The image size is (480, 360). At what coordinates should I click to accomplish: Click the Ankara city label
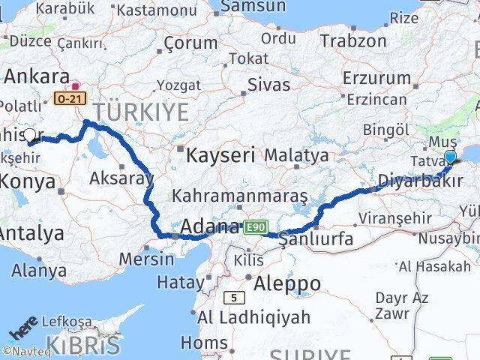pos(32,76)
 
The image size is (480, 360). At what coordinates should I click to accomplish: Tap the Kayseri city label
pos(221,156)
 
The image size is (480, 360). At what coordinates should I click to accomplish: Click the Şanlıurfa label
pos(315,241)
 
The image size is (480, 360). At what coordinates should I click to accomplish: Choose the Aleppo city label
pos(287,283)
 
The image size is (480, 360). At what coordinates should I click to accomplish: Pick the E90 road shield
pos(253,225)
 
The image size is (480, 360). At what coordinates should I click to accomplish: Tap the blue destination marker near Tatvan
pos(450,157)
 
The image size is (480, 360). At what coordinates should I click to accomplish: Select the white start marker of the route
pos(30,135)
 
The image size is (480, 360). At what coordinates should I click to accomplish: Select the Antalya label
pos(31,233)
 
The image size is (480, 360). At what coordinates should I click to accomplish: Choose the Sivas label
pos(268,84)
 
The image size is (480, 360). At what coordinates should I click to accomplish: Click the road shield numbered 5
pos(235,298)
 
